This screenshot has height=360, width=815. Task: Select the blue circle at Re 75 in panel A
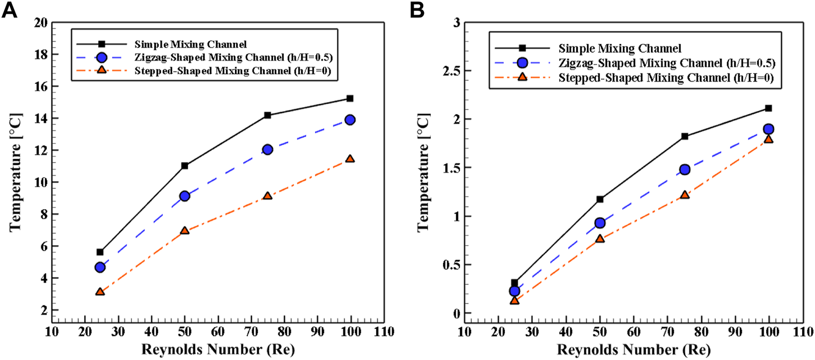pos(267,150)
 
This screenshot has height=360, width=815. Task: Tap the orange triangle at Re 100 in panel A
pos(350,159)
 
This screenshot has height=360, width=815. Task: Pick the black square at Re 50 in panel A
pos(185,166)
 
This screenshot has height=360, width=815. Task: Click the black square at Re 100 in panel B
pos(768,108)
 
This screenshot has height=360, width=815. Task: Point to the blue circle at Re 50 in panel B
pos(600,223)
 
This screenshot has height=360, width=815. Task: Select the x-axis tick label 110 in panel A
pos(384,331)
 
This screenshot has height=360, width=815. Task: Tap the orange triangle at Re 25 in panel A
pos(100,292)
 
